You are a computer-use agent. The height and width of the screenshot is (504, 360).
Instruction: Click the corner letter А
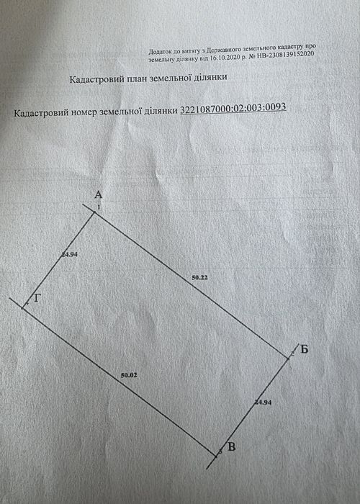(x=99, y=195)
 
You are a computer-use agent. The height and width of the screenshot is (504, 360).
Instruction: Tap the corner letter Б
(x=305, y=349)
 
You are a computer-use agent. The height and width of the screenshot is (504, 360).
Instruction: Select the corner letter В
(x=231, y=447)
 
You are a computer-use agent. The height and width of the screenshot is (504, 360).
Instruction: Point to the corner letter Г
(x=37, y=299)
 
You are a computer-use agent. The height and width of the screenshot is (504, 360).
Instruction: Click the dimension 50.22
(x=199, y=277)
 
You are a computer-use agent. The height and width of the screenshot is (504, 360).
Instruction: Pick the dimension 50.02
(x=129, y=375)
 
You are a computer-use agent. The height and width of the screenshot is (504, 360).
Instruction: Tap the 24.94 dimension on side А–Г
(x=69, y=255)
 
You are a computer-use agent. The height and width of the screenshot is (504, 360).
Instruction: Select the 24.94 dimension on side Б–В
(x=263, y=402)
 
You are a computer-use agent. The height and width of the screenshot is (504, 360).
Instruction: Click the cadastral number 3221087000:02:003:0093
(x=233, y=108)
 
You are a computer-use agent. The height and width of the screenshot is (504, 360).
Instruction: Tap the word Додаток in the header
(x=158, y=51)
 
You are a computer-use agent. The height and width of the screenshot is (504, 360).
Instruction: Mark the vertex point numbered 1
(x=94, y=212)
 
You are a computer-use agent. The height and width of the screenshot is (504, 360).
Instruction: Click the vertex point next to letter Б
(x=288, y=358)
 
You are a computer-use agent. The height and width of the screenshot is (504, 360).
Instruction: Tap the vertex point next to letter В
(x=216, y=456)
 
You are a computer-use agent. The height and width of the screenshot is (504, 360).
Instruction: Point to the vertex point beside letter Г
(x=22, y=308)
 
